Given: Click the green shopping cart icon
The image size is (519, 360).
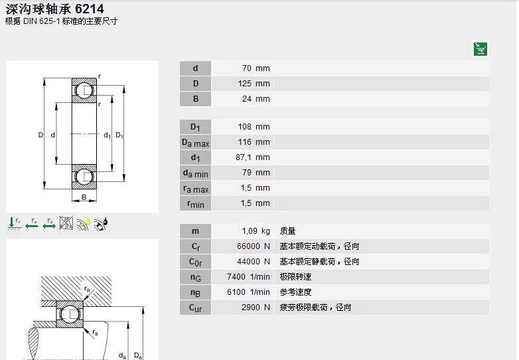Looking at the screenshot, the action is [480, 49].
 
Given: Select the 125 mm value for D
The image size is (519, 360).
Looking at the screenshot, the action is [254, 84].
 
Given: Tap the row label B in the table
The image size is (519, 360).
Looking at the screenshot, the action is [196, 99].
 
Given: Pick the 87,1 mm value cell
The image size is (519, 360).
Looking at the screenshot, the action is [253, 157].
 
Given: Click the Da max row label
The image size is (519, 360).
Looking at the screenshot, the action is [195, 143].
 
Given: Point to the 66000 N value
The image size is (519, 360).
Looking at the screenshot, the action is [254, 246].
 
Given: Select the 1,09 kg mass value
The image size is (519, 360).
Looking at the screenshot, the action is [256, 231].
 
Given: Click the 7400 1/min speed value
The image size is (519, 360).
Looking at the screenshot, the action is [248, 277].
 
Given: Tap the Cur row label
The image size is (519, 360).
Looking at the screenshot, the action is [195, 308].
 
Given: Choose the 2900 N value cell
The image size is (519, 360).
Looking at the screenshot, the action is [256, 308].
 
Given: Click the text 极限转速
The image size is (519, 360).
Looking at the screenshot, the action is [295, 277].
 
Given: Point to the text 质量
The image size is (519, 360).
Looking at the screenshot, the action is [287, 231].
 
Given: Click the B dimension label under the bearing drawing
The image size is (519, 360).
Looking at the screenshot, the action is [84, 197].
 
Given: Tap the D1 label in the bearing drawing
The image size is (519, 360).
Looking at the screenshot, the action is [119, 135].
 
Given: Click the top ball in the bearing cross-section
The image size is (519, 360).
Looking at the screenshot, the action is [85, 90].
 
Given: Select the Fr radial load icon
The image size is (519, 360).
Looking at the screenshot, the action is [14, 224].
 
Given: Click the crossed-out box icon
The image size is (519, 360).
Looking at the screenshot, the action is [66, 223].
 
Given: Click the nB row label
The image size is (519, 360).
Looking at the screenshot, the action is [195, 292].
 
